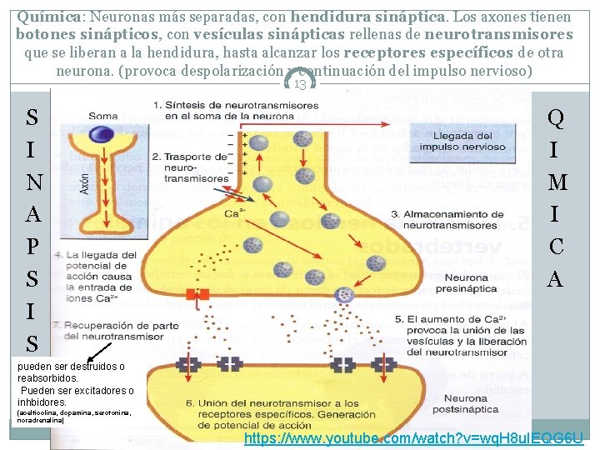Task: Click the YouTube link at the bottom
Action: (x=412, y=437)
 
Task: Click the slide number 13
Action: (x=300, y=83)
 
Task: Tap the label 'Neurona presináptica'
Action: (x=467, y=283)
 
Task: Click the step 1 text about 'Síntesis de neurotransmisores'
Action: (x=233, y=111)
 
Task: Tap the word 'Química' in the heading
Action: (x=44, y=17)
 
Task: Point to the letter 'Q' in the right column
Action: (x=556, y=119)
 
